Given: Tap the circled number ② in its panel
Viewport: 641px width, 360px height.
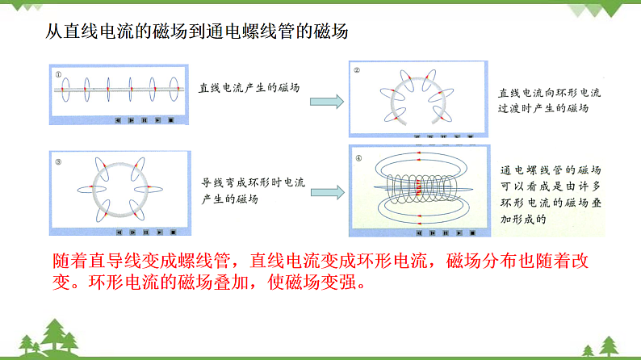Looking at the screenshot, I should coord(357,70).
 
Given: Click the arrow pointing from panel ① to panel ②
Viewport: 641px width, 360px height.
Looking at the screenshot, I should coord(328,101).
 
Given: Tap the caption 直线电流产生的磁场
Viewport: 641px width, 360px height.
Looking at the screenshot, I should coord(249,89).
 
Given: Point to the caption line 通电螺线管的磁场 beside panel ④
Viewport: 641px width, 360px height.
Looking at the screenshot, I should coord(550,170).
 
